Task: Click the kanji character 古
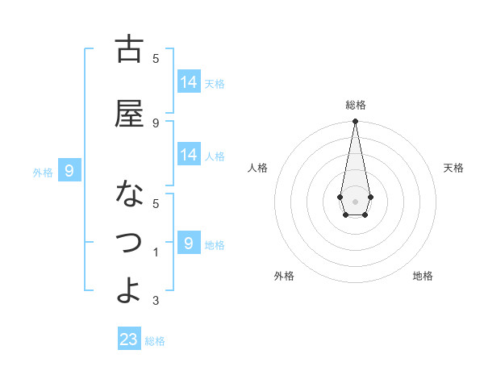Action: click(129, 50)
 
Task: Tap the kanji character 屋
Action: click(129, 114)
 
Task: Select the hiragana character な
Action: click(129, 194)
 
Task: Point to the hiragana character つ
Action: click(129, 242)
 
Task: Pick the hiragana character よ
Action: click(129, 289)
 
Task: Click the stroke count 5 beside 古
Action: click(156, 59)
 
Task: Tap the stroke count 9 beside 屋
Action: click(156, 123)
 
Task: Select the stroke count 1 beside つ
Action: click(156, 252)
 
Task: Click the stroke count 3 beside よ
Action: click(156, 301)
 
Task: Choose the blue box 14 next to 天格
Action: click(189, 81)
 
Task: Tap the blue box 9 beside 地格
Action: click(189, 243)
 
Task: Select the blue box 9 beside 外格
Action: click(69, 170)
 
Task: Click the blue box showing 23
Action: click(129, 339)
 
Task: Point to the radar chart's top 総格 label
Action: click(356, 105)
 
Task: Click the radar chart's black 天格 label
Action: click(453, 168)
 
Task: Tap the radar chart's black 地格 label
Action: click(423, 276)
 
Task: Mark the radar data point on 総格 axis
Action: click(355, 122)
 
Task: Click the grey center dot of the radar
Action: click(355, 200)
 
